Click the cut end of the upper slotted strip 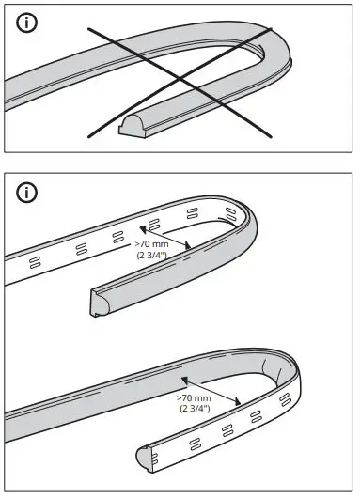[x=96, y=302]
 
